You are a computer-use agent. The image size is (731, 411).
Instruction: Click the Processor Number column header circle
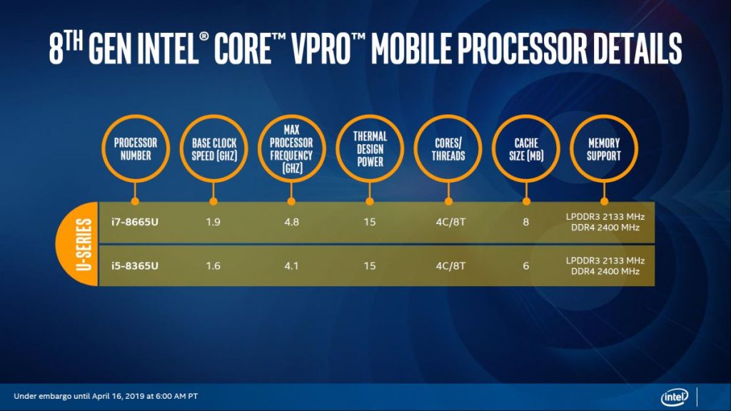pyautogui.click(x=134, y=149)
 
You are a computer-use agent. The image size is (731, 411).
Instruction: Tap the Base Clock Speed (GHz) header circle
pyautogui.click(x=213, y=149)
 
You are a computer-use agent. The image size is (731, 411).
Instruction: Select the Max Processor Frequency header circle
pyautogui.click(x=291, y=149)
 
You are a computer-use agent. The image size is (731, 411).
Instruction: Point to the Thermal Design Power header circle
pyautogui.click(x=369, y=149)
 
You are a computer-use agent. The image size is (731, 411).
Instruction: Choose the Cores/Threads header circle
pyautogui.click(x=448, y=149)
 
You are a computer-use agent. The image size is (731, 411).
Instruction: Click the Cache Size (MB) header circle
pyautogui.click(x=525, y=149)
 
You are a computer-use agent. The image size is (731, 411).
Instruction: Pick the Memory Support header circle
pyautogui.click(x=604, y=149)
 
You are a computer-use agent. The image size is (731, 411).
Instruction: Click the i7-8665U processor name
pyautogui.click(x=134, y=222)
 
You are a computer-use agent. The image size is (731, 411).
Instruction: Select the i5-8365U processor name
pyautogui.click(x=134, y=266)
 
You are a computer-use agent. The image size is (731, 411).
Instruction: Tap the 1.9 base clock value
pyautogui.click(x=213, y=222)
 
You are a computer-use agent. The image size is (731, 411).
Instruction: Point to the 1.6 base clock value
pyautogui.click(x=213, y=266)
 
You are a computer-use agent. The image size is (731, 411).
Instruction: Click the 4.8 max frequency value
pyautogui.click(x=291, y=222)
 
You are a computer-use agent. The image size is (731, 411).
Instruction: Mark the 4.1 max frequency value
pyautogui.click(x=291, y=266)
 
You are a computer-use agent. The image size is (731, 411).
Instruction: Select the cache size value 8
pyautogui.click(x=526, y=222)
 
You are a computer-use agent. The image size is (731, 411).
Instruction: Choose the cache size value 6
pyautogui.click(x=526, y=266)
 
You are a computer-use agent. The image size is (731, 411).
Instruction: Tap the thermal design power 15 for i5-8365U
pyautogui.click(x=370, y=266)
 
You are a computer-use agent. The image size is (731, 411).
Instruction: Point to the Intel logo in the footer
pyautogui.click(x=674, y=397)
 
